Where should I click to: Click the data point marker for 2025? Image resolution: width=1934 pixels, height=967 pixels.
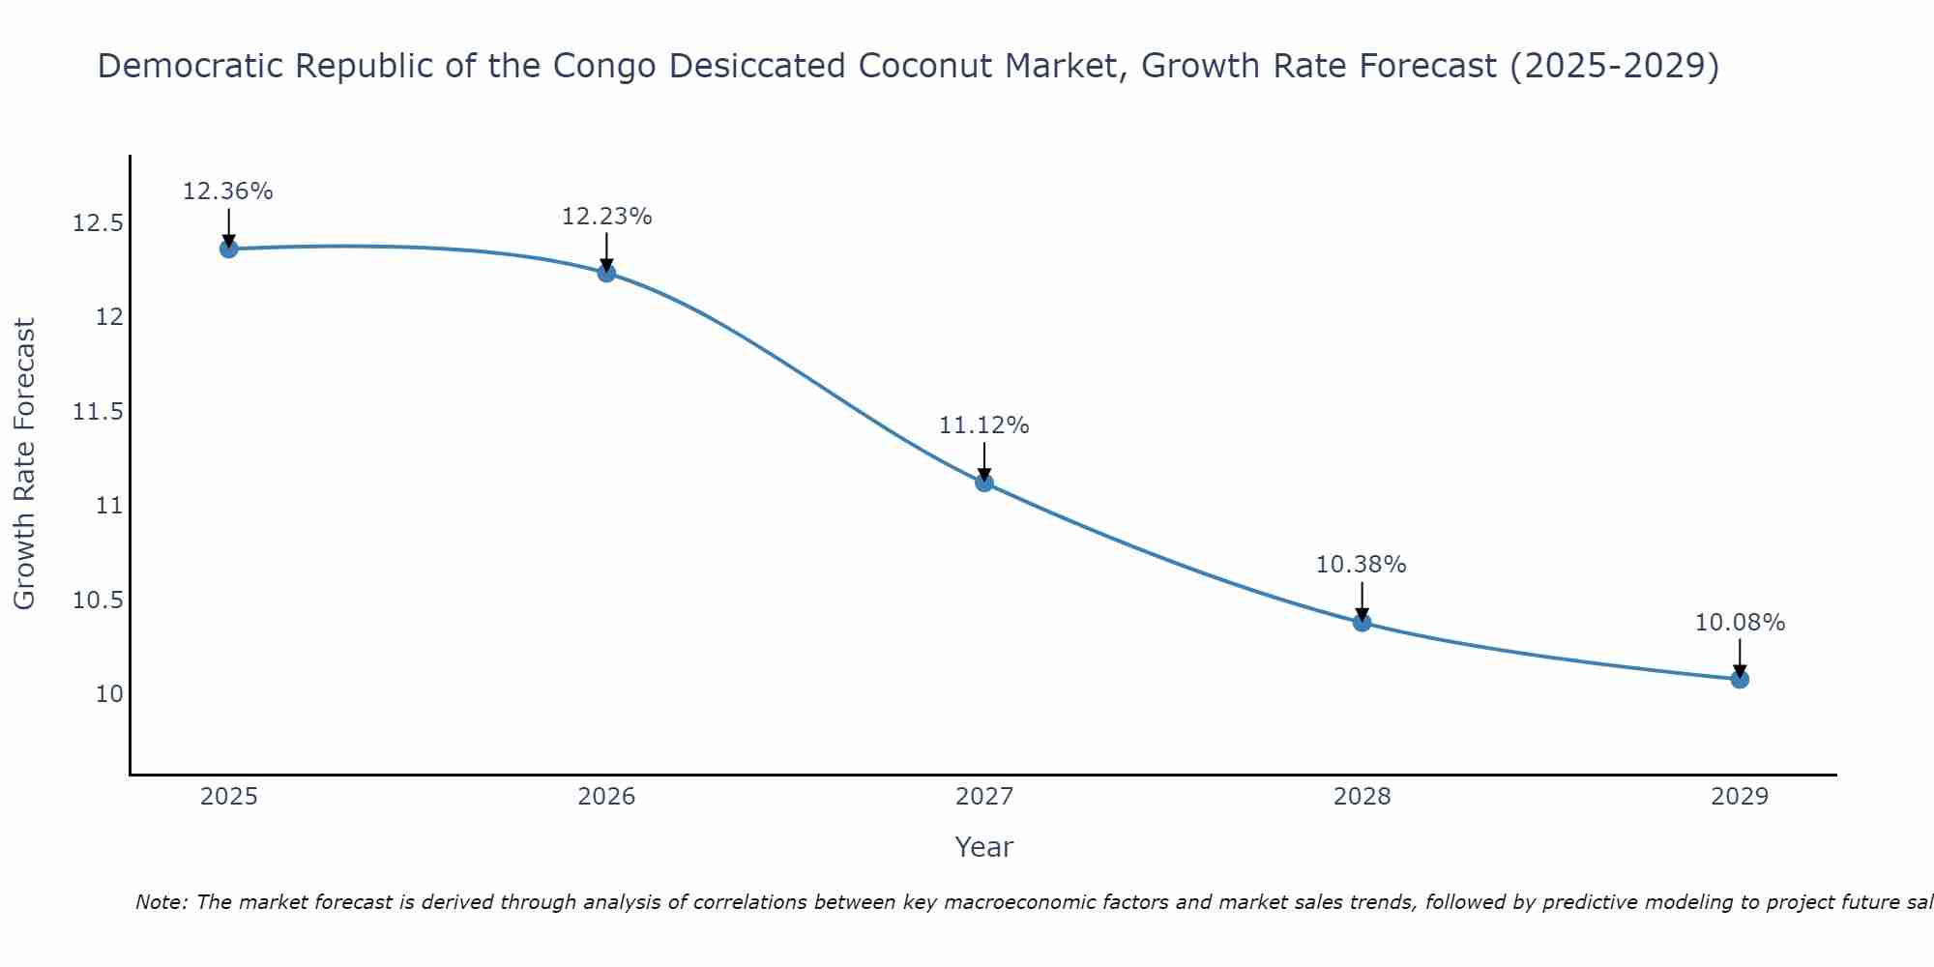228,249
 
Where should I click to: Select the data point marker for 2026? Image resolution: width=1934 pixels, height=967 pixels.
606,273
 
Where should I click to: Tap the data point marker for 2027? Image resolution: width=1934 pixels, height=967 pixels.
984,483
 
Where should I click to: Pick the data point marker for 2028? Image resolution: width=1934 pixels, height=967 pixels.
1362,622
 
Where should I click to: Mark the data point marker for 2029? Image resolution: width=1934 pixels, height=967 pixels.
1740,679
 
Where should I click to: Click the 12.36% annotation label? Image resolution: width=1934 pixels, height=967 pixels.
228,191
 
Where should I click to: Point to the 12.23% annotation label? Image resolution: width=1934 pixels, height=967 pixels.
606,217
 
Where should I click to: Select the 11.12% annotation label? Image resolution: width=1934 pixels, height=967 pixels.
984,425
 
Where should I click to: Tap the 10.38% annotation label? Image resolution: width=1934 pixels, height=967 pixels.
1362,565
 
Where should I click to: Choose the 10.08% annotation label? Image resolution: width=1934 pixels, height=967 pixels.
1740,623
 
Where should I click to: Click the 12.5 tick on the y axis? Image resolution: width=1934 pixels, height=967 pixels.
99,224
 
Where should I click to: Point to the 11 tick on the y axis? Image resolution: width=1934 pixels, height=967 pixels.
109,506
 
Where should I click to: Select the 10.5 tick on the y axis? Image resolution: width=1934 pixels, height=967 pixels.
99,601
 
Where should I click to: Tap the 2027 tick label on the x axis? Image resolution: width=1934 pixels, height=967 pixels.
984,797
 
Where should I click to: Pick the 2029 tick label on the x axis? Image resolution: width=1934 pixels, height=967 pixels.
1740,797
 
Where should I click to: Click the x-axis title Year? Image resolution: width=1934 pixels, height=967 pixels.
984,847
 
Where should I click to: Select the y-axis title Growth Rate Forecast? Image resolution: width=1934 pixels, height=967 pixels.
25,464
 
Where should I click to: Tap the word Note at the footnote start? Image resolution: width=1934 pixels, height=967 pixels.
161,902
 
